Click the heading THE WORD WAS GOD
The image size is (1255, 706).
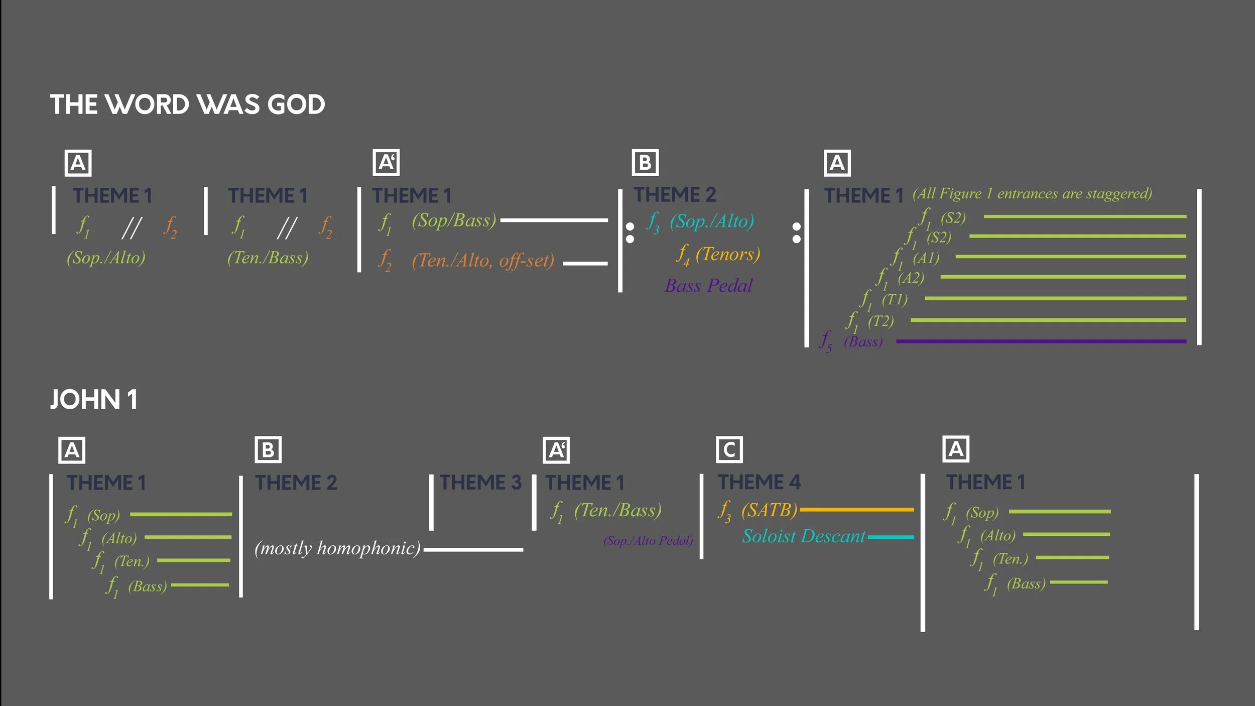tap(187, 104)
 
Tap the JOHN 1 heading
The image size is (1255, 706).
tap(94, 400)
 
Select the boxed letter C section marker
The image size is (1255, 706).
tap(729, 450)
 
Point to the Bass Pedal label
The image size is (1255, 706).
tap(708, 286)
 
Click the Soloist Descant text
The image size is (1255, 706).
tap(803, 536)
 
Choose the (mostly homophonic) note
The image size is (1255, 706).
tap(337, 548)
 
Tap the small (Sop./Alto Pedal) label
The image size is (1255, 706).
tap(648, 541)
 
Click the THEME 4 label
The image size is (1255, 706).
tap(759, 483)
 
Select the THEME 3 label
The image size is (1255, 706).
tap(480, 483)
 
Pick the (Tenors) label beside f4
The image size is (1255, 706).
tap(727, 254)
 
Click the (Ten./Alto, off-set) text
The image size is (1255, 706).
tap(483, 260)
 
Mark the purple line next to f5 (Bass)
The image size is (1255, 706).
tap(1041, 341)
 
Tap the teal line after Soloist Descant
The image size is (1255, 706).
tap(891, 537)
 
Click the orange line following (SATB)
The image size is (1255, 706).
tap(856, 510)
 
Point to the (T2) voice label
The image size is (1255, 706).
tap(881, 321)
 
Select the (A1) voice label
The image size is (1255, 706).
tap(926, 258)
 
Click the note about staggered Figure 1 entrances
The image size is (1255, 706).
tap(1032, 194)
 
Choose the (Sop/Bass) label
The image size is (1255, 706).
tap(454, 220)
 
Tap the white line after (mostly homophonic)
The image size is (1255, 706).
tap(473, 550)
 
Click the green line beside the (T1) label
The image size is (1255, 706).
tap(1055, 298)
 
